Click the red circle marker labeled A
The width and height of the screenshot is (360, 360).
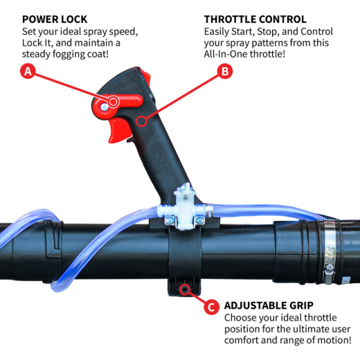[x=29, y=71]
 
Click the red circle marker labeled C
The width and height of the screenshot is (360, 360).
[x=212, y=305]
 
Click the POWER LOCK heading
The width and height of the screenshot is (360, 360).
[x=55, y=19]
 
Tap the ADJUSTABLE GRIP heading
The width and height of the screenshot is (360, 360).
[x=269, y=305]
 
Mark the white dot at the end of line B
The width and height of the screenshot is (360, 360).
[x=141, y=123]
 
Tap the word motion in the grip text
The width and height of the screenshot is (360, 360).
[x=335, y=341]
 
